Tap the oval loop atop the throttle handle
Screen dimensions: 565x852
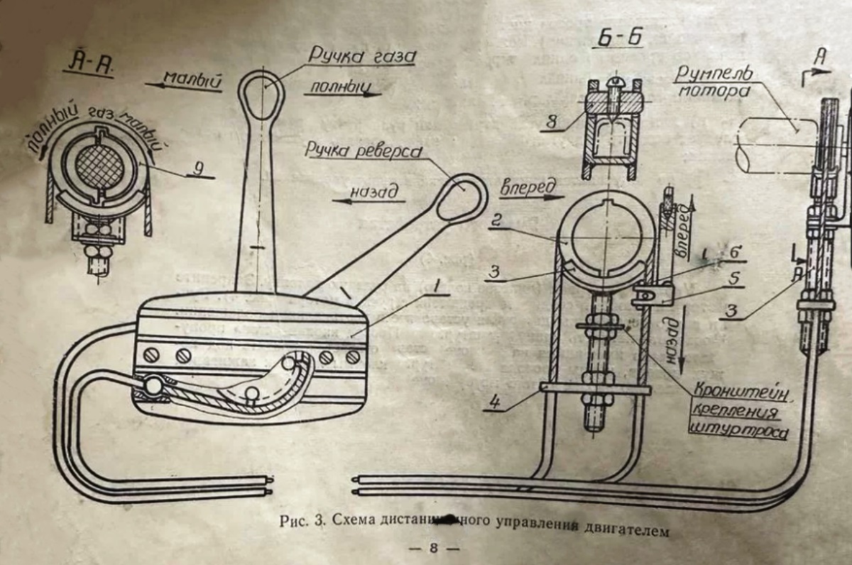click(x=261, y=95)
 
